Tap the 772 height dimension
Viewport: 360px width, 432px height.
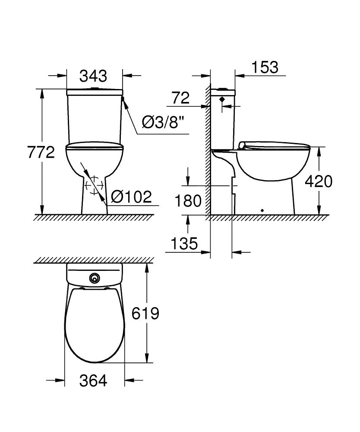[x=41, y=152]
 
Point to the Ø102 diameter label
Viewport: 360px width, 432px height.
[x=132, y=197]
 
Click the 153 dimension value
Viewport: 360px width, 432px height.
[x=265, y=67]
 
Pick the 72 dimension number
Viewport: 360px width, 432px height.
[x=181, y=98]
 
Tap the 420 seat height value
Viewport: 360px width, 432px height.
[x=319, y=181]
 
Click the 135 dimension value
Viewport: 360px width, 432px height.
[x=184, y=243]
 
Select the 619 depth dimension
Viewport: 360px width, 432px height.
[x=145, y=313]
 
